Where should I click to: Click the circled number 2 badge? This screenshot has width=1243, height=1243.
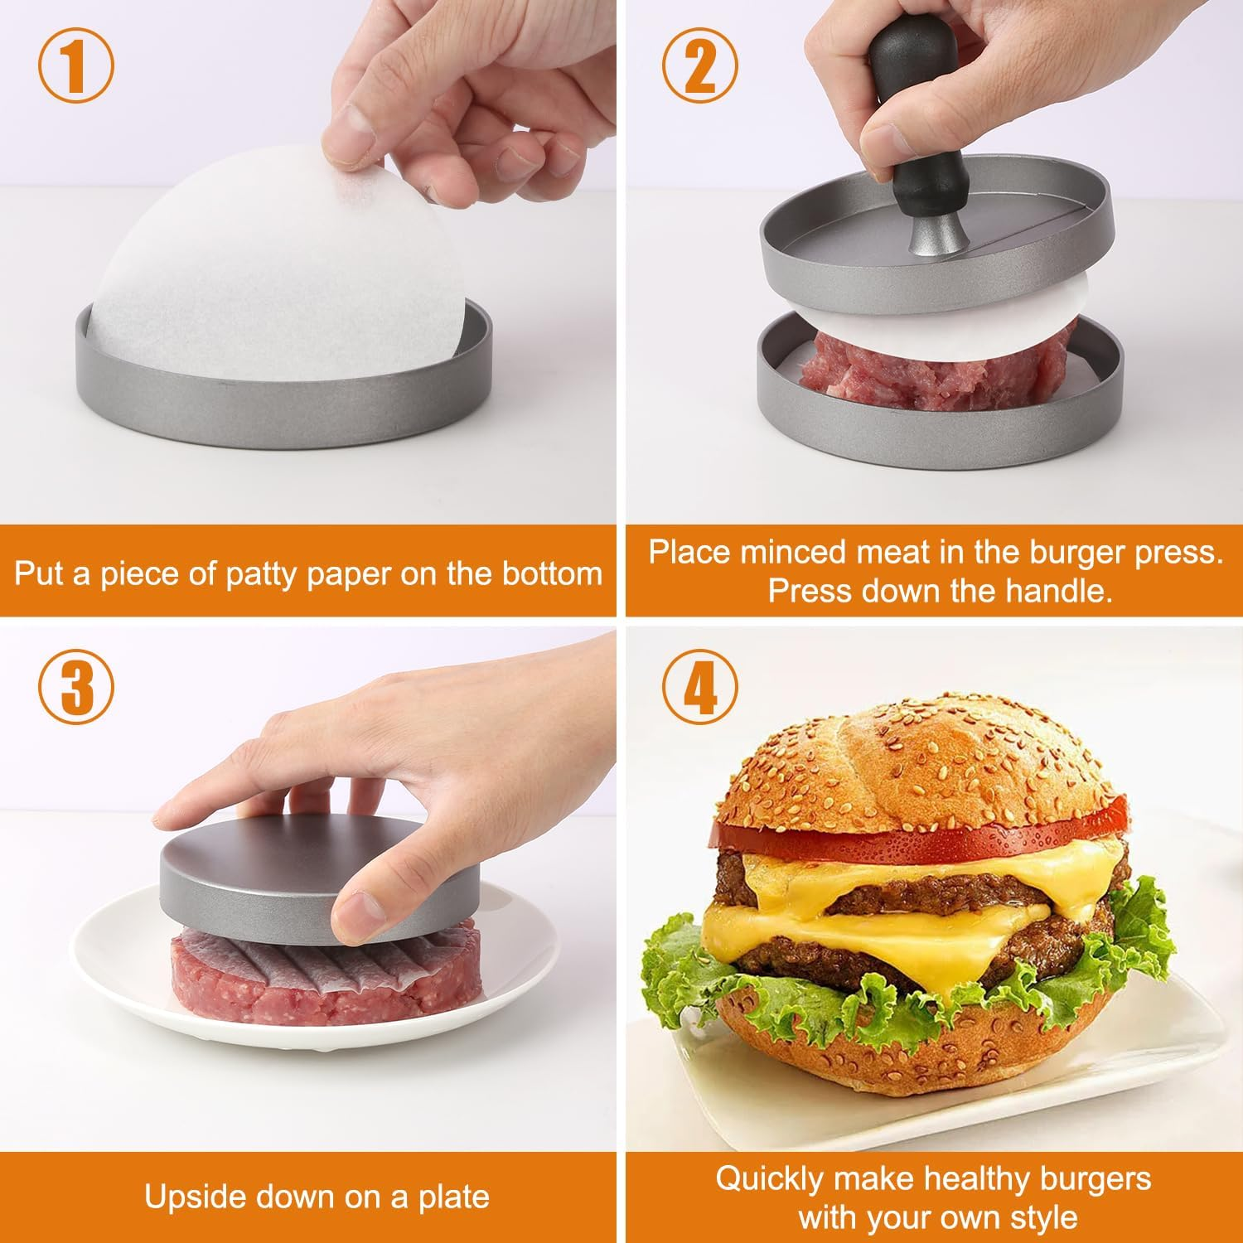point(699,67)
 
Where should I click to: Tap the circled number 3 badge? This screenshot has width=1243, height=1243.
point(75,687)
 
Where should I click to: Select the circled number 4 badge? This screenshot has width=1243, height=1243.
point(699,687)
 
